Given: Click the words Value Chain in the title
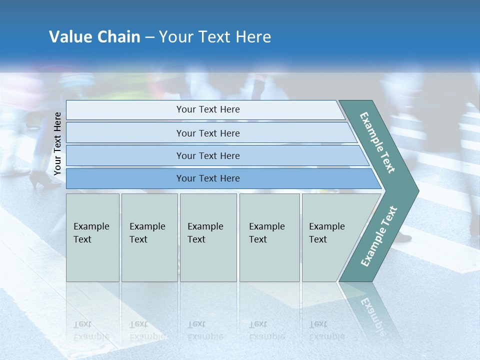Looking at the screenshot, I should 94,37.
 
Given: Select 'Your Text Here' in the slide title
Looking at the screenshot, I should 215,37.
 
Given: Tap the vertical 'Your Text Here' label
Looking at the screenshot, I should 57,143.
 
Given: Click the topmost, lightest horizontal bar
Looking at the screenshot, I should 207,109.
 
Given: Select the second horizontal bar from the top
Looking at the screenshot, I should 207,133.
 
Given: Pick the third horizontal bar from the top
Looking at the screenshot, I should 207,155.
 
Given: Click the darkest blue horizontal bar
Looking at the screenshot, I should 207,178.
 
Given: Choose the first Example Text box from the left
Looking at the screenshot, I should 92,237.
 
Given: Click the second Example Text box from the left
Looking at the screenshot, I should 149,237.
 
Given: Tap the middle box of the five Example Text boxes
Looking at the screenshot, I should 208,237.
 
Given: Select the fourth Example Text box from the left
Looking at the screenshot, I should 269,237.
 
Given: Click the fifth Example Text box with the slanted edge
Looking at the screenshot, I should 330,237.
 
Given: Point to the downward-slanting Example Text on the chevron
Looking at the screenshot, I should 377,142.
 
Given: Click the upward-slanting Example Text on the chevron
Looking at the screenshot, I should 378,236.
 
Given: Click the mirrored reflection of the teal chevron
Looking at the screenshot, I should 372,315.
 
